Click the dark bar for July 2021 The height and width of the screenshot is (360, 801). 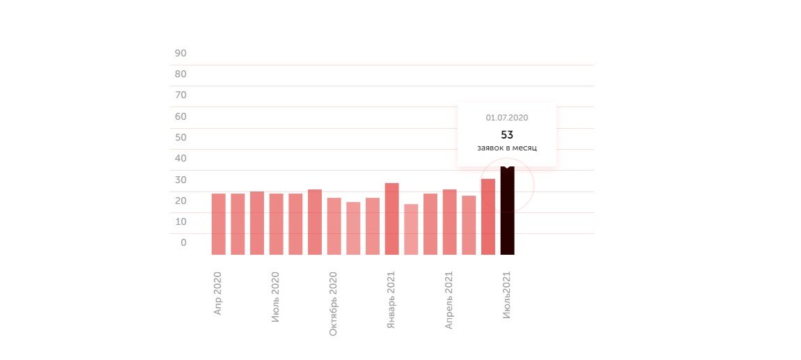[x=507, y=212]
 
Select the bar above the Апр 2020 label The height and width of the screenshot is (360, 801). [x=219, y=224]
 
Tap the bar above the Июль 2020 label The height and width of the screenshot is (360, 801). [x=277, y=224]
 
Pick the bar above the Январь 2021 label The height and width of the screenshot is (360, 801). [x=391, y=219]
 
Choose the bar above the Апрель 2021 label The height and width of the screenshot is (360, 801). [x=449, y=221]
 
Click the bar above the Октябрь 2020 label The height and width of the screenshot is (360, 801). [x=334, y=226]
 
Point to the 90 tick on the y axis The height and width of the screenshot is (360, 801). [x=180, y=53]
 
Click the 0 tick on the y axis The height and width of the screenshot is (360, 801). [x=183, y=242]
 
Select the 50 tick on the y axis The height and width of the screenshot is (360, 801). [x=180, y=137]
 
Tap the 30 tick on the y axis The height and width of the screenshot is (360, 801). [x=180, y=180]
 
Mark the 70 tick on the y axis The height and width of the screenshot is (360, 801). [x=180, y=95]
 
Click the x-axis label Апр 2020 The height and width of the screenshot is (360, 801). [x=218, y=293]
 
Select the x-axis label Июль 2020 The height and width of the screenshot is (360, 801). [x=276, y=297]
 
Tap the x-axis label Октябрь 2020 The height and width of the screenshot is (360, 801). [x=334, y=304]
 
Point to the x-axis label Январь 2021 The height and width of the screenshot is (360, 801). [x=391, y=300]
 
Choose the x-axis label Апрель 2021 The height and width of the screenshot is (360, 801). [x=449, y=300]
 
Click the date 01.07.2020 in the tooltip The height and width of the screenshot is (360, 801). [x=507, y=118]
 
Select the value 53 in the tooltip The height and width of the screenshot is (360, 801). [x=507, y=134]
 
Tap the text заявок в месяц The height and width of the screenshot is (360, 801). [x=507, y=148]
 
